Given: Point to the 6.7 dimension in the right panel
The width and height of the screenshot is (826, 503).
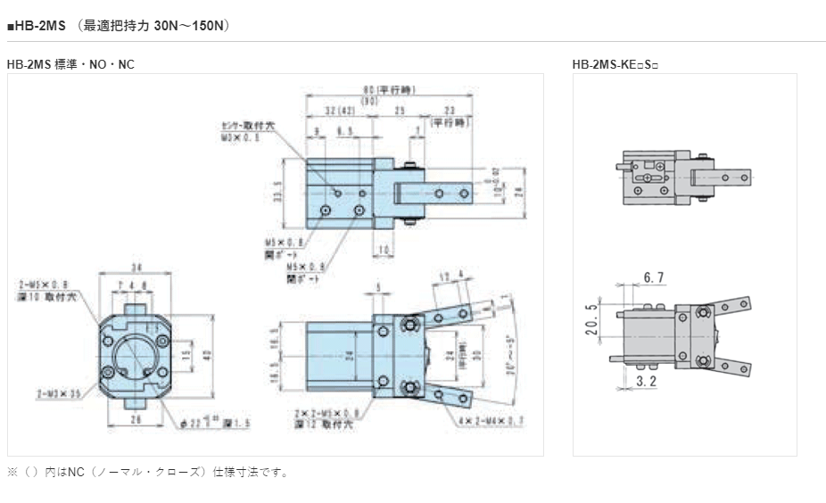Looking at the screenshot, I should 654,278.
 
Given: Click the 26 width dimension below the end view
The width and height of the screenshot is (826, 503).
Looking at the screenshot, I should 135,418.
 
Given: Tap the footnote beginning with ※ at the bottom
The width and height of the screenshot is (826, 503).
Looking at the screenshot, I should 147,472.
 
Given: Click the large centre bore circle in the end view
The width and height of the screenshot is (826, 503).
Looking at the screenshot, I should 135,352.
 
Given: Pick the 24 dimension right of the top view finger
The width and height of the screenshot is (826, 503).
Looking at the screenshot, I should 517,189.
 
